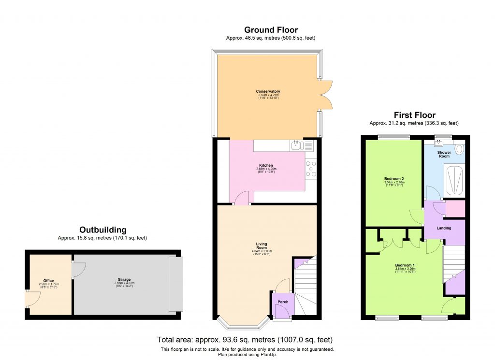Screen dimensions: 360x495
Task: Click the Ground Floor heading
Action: click(271, 30)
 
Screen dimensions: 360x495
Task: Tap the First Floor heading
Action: click(414, 115)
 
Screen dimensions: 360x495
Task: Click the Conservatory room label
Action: click(268, 91)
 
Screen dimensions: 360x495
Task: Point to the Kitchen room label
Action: click(266, 165)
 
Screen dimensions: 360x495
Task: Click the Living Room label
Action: click(262, 246)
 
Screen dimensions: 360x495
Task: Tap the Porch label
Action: click(283, 302)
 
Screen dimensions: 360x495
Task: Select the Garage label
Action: click(124, 279)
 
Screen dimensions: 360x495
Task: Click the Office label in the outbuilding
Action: click(48, 281)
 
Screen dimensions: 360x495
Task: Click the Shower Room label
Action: click(444, 154)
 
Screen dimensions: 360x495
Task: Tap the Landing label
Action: click(444, 228)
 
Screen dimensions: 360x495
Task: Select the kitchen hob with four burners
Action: click(311, 169)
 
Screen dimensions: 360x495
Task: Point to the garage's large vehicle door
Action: click(175, 284)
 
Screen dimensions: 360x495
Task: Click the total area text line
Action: click(245, 340)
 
